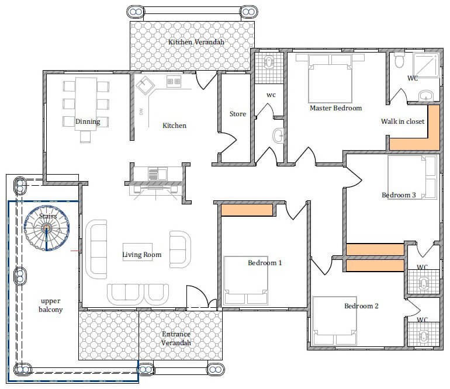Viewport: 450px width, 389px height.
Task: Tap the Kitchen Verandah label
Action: coord(196,42)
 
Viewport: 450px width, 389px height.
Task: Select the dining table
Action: coord(86,104)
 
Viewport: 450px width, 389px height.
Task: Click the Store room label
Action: coord(238,114)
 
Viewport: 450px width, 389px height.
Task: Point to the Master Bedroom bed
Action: coord(330,79)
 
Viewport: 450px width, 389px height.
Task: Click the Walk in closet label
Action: coord(403,121)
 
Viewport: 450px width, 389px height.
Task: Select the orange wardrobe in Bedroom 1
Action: coord(247,210)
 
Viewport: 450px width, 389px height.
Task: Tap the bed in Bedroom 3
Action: coord(412,177)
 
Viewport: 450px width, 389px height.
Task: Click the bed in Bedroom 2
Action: coord(335,321)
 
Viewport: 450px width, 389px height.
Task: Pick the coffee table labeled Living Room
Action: coord(138,252)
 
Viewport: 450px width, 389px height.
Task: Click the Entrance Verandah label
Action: coord(176,338)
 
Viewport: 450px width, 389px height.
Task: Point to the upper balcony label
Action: coord(51,305)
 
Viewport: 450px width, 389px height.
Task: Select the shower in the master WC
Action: coord(426,65)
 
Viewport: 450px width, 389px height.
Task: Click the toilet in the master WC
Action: coord(399,60)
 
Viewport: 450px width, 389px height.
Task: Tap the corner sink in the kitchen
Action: coord(145,85)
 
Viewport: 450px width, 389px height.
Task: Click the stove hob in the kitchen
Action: coord(174,81)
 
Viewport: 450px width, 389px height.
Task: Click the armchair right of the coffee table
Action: coord(180,249)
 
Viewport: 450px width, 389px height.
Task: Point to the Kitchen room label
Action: coord(175,126)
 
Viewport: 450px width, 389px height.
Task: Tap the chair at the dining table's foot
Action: coord(85,137)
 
